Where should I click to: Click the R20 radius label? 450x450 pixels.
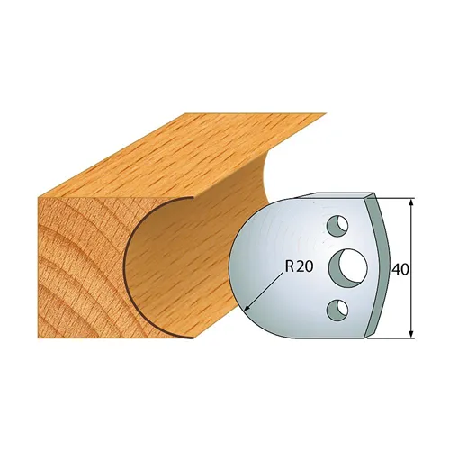point(299,266)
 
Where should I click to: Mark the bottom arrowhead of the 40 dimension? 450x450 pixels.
point(412,335)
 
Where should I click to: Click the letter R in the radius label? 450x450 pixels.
point(290,266)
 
